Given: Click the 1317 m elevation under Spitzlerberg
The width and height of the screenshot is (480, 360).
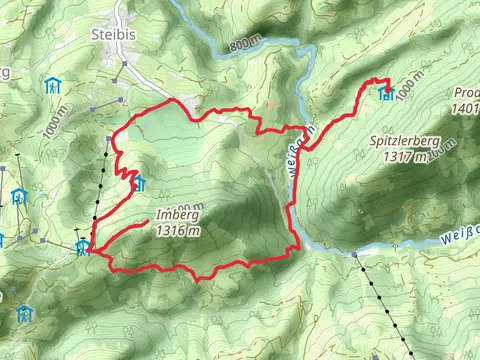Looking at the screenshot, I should [x=405, y=156].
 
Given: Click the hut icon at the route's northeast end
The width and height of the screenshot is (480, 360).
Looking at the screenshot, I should [x=386, y=95].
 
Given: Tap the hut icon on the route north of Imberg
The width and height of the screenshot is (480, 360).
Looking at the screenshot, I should [x=139, y=183].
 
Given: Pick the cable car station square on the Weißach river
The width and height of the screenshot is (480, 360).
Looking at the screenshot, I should [x=355, y=254].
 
